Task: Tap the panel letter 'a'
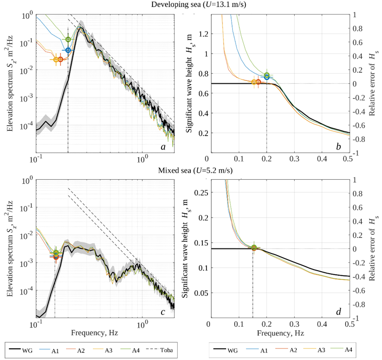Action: tap(163, 146)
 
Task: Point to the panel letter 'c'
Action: tap(163, 312)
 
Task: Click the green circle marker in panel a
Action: tap(68, 39)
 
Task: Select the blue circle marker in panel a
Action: tap(68, 50)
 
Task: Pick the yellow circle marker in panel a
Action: tap(56, 60)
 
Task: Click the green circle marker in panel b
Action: tap(267, 75)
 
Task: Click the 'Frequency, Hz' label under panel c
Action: tap(105, 333)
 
